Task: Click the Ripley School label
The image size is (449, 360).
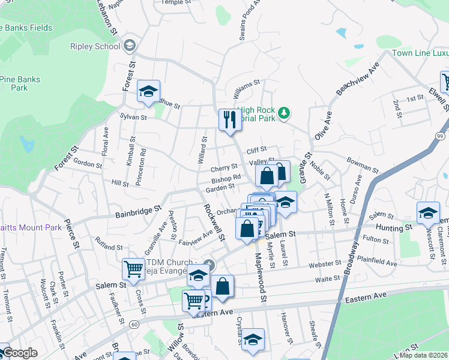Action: coord(95,46)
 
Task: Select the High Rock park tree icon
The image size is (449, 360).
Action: coord(286,112)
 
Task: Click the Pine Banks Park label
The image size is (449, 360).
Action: coord(20,83)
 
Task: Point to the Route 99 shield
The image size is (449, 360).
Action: coord(443,138)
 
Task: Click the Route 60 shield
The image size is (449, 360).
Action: coord(133,324)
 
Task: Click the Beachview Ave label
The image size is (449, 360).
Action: coord(358,78)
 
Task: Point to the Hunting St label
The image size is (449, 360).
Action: coord(394,227)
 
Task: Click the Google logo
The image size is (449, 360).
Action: coord(19,353)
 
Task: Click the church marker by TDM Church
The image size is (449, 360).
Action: coord(208,264)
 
